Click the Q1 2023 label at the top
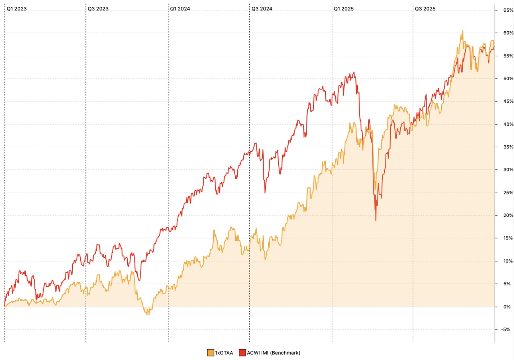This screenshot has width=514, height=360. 16,8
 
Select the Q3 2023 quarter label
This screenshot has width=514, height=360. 98,8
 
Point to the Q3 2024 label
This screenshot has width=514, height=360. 262,8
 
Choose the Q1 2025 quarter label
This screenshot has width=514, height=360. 344,8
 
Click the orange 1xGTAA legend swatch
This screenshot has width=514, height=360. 210,353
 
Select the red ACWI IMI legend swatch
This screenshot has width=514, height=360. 242,353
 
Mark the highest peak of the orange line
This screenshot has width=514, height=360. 463,31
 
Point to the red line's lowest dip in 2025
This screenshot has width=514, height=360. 376,220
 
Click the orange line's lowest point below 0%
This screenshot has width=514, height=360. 149,315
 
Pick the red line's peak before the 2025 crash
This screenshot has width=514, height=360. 354,72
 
